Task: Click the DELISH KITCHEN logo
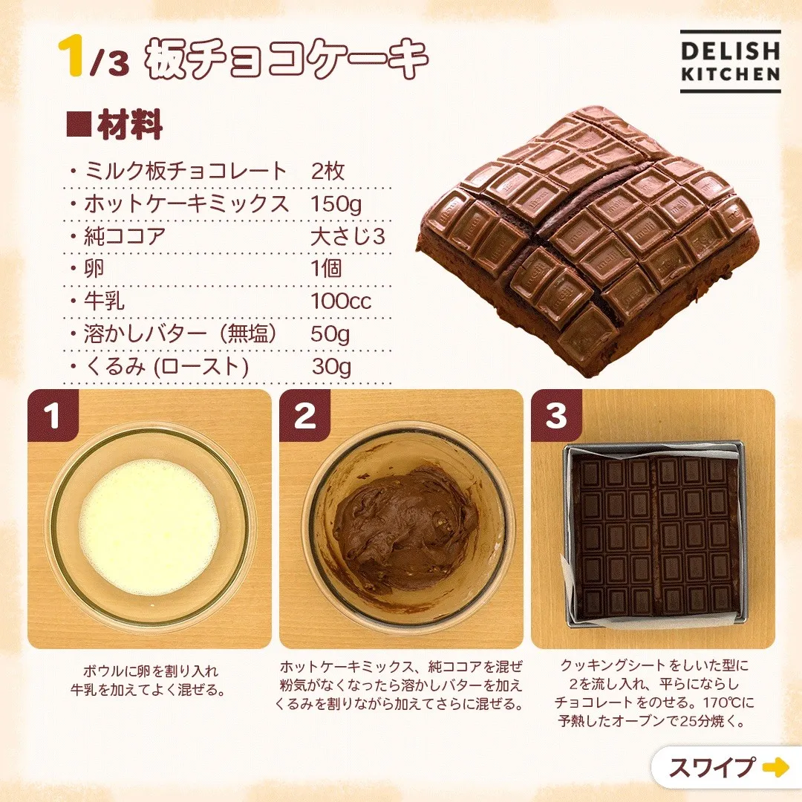[x=731, y=62]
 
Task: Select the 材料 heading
[x=115, y=124]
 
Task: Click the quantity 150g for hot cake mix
[x=336, y=205]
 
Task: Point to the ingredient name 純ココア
[x=125, y=236]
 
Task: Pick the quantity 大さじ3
[x=348, y=237]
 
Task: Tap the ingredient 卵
[x=94, y=269]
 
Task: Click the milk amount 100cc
[x=340, y=301]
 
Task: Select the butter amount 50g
[x=330, y=334]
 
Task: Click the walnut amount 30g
[x=331, y=367]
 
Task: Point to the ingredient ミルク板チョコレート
[x=185, y=172]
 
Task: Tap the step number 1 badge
[x=53, y=415]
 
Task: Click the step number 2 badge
[x=305, y=415]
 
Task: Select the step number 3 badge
[x=556, y=415]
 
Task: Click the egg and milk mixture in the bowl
[x=149, y=527]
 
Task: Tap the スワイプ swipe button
[x=726, y=767]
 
